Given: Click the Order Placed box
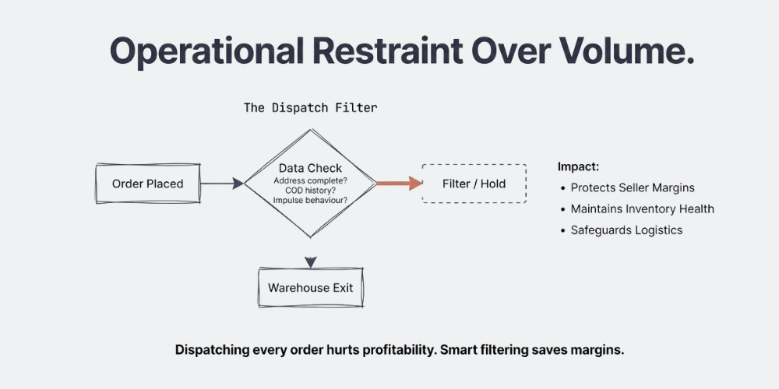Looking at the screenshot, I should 148,184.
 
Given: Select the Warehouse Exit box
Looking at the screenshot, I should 311,288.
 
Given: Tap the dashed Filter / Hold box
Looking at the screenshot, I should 474,184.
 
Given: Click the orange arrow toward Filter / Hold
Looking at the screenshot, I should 400,184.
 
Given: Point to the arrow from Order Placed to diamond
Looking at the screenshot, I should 222,184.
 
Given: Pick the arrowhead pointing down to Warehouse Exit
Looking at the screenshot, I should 311,261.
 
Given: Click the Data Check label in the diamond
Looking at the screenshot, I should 310,168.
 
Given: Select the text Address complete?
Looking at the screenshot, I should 310,180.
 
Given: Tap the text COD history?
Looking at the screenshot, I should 310,191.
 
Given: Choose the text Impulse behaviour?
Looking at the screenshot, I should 310,201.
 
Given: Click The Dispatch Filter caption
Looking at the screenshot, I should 310,108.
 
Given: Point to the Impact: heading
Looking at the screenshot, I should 578,166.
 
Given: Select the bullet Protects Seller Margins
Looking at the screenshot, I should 633,187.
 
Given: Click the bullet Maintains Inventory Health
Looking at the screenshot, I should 642,209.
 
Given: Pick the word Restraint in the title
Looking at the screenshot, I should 400,52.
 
